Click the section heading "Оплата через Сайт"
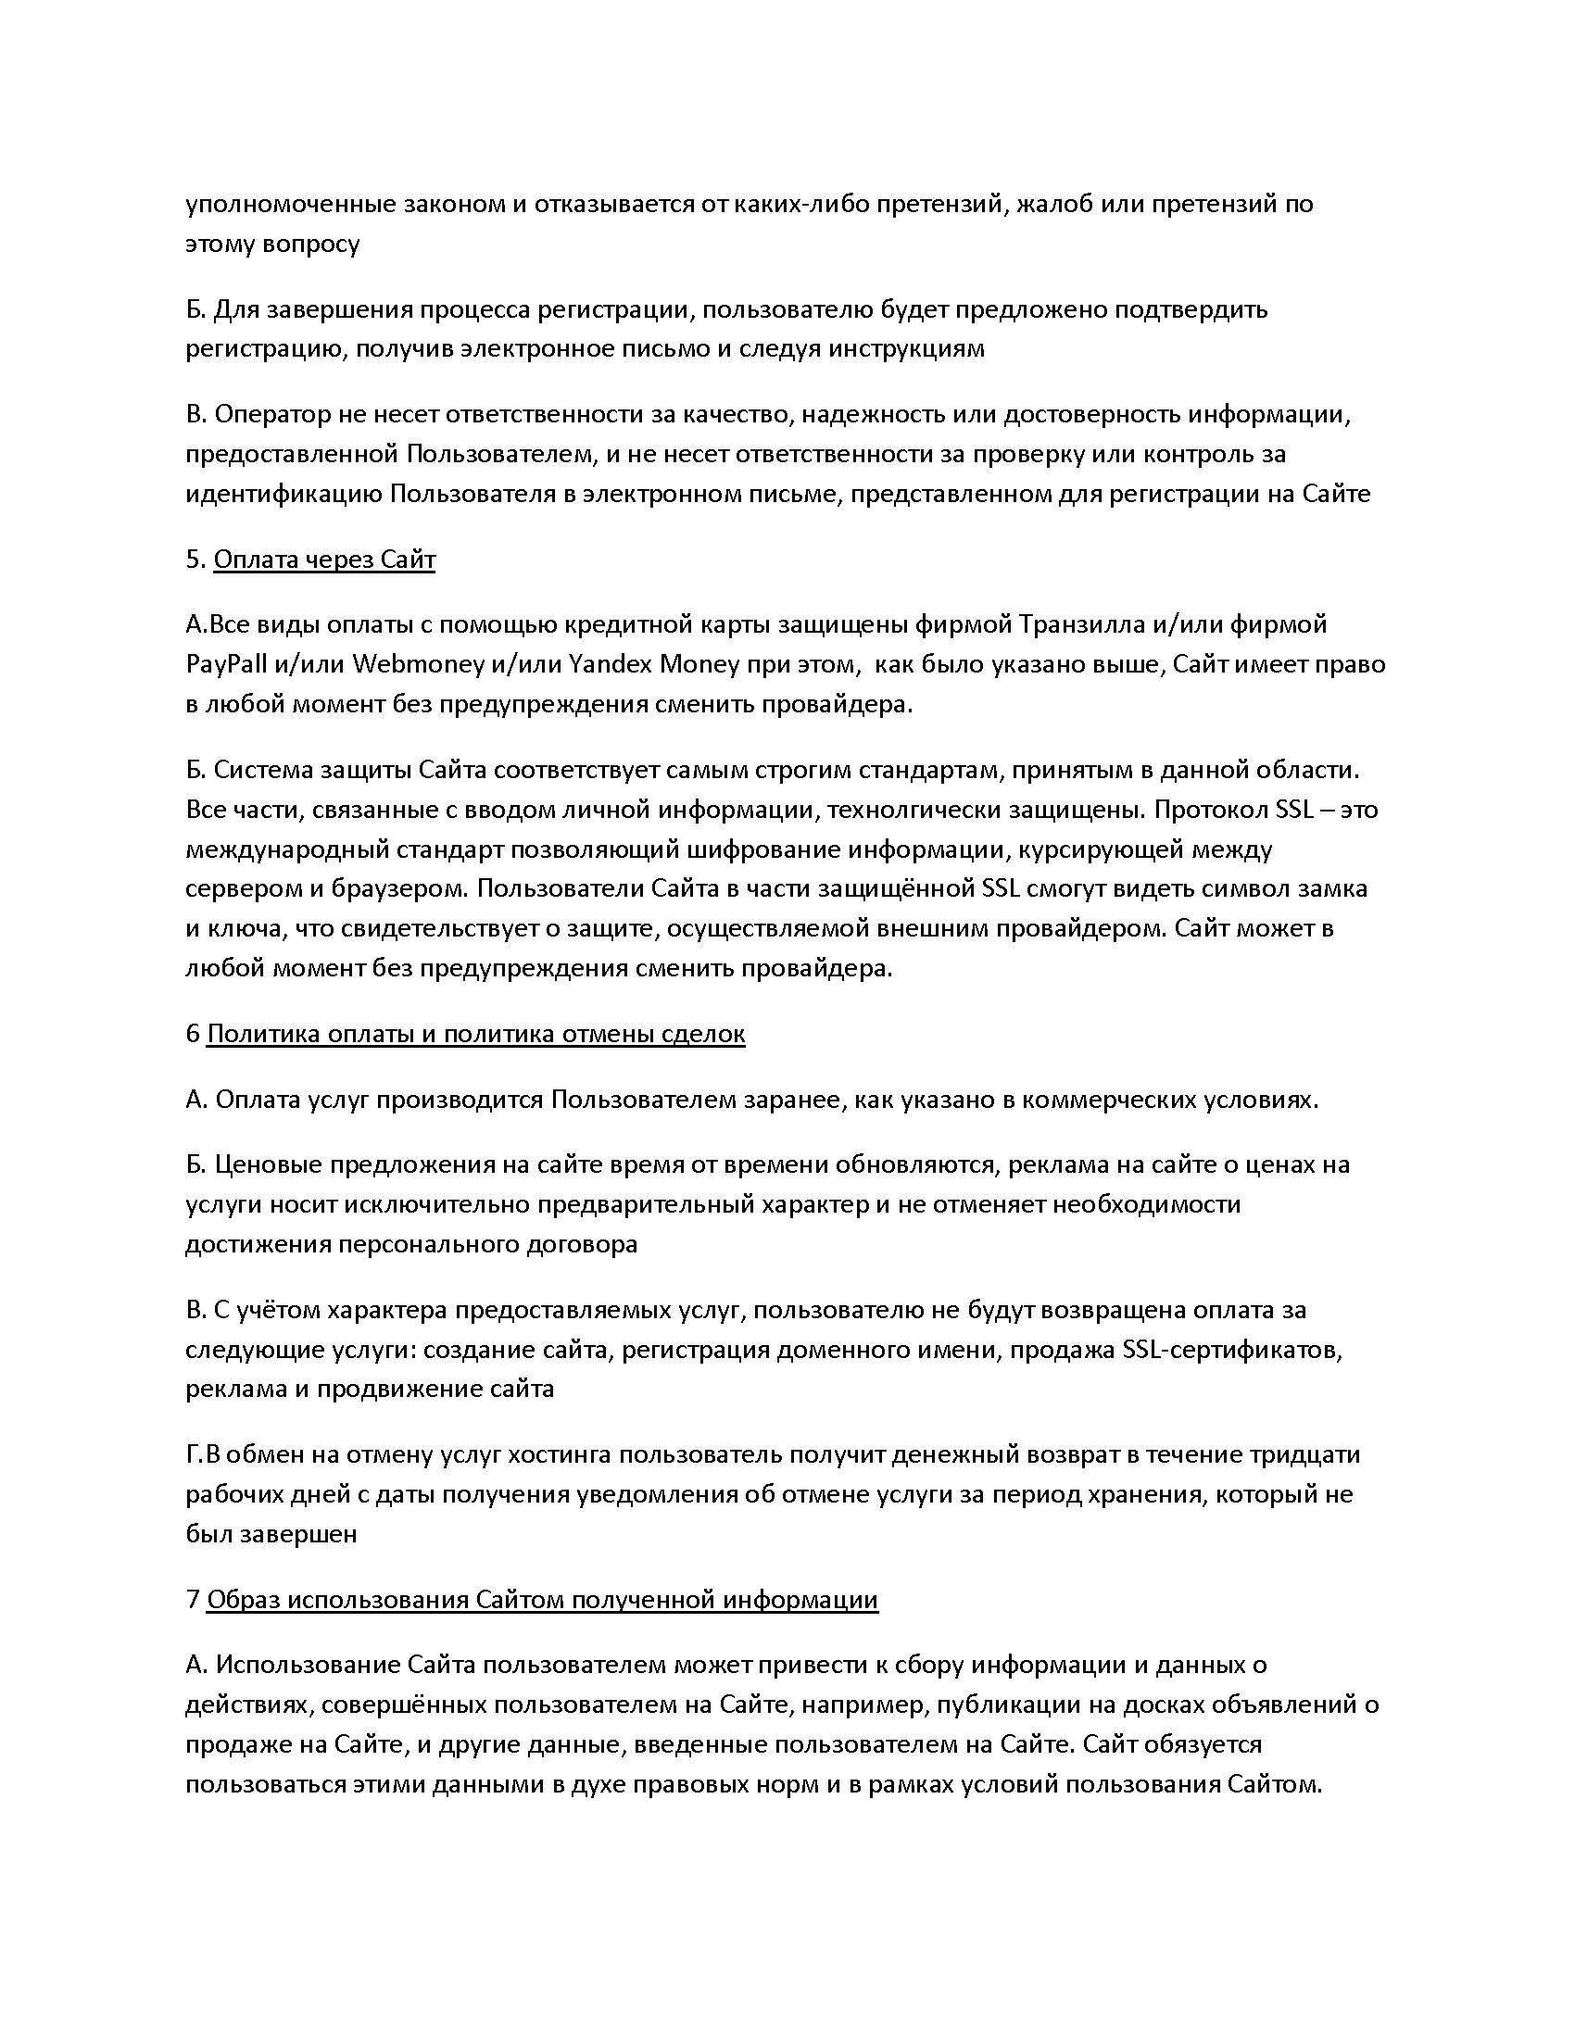click(323, 559)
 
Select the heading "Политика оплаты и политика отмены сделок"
click(475, 1034)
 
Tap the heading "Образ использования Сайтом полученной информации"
click(542, 1600)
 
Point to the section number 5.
click(193, 559)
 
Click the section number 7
click(192, 1600)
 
